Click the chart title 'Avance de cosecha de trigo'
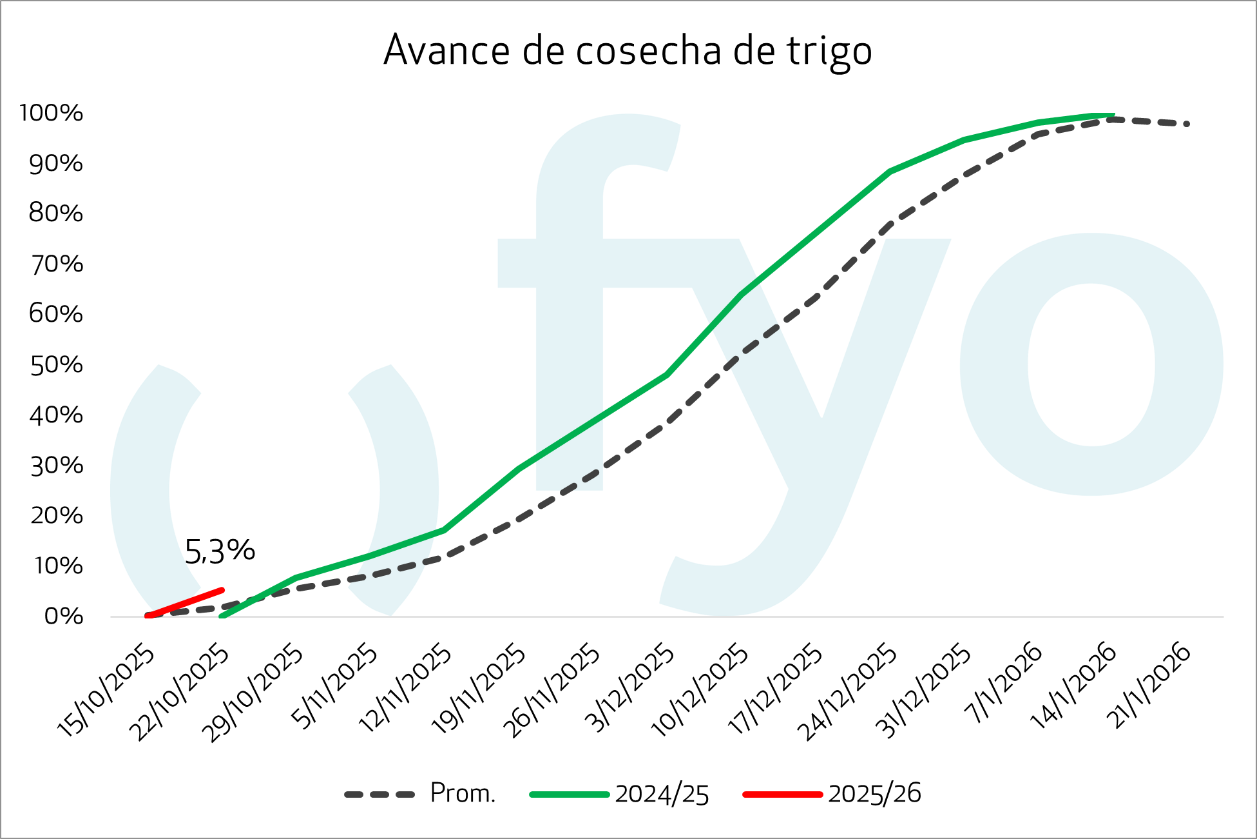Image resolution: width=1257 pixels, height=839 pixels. click(x=628, y=50)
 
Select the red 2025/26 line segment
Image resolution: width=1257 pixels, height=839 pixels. click(x=185, y=603)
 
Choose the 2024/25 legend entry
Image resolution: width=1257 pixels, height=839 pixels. click(x=619, y=794)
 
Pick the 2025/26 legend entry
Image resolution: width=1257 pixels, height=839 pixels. click(x=832, y=794)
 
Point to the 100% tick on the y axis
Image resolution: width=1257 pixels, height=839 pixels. click(x=52, y=113)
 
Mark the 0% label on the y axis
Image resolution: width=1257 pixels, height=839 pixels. click(x=64, y=617)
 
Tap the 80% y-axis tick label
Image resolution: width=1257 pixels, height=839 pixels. click(x=56, y=213)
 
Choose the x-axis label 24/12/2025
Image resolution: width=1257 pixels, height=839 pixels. click(x=847, y=693)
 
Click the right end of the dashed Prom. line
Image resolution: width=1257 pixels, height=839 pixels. click(x=1186, y=124)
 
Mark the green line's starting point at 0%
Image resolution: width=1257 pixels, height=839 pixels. click(x=222, y=616)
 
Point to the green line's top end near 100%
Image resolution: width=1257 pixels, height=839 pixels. click(x=1112, y=115)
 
